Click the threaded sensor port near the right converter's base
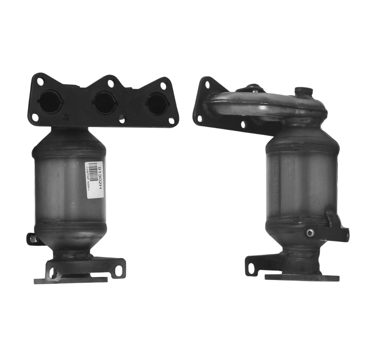[310, 233]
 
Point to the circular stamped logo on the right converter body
[291, 164]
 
